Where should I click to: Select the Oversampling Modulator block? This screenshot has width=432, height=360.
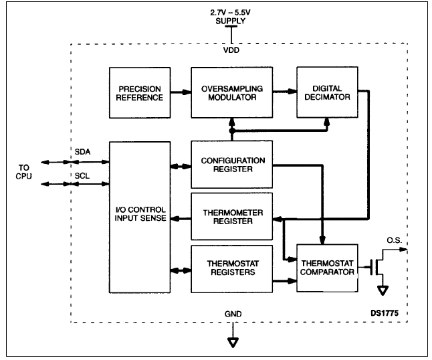[x=232, y=93]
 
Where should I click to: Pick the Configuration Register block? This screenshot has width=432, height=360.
[x=232, y=165]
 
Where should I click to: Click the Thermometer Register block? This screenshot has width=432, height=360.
[x=232, y=217]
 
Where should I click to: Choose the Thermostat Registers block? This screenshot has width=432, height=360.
[x=232, y=268]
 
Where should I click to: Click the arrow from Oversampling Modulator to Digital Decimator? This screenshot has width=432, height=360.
[x=285, y=94]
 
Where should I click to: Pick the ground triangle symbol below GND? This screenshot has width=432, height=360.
[x=232, y=343]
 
